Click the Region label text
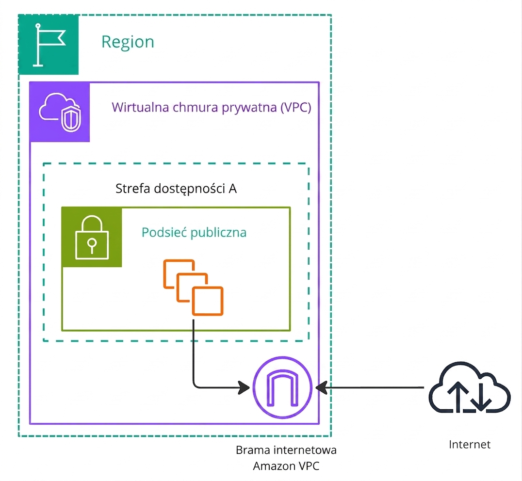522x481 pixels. [128, 42]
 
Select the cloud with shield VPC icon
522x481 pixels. [60, 112]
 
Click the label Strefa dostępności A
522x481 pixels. [176, 189]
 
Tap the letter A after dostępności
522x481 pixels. [232, 189]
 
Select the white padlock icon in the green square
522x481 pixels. [92, 237]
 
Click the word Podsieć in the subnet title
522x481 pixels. [164, 232]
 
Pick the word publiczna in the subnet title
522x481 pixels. [219, 233]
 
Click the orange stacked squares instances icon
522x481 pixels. [193, 288]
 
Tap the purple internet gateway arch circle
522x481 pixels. [283, 387]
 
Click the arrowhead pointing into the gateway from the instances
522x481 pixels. [244, 387]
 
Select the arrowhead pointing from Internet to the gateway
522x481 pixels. [321, 387]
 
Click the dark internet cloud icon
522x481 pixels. [470, 388]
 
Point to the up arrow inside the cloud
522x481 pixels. [458, 396]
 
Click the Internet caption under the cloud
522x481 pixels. [470, 445]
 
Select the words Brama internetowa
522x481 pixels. [286, 450]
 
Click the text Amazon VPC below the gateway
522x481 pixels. [286, 466]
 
